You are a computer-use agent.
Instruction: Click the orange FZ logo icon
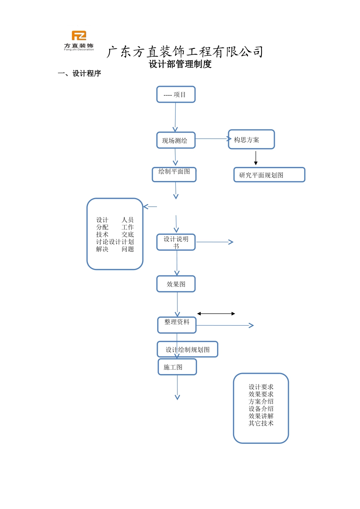pyautogui.click(x=79, y=36)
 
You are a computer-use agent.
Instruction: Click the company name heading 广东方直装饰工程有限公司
pyautogui.click(x=185, y=52)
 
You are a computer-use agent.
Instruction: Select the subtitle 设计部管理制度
pyautogui.click(x=180, y=64)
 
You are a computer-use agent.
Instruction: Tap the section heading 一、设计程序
pyautogui.click(x=79, y=73)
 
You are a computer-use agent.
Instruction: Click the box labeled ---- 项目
pyautogui.click(x=176, y=95)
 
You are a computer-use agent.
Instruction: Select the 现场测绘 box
pyautogui.click(x=176, y=141)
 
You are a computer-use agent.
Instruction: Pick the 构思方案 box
pyautogui.click(x=251, y=140)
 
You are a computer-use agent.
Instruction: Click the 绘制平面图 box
pyautogui.click(x=174, y=174)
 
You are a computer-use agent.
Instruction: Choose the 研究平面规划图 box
pyautogui.click(x=269, y=175)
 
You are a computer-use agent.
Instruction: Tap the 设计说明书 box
pyautogui.click(x=176, y=242)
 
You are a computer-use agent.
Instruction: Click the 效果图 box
pyautogui.click(x=176, y=284)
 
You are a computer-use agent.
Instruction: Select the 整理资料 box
pyautogui.click(x=177, y=325)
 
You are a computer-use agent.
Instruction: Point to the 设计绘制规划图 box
pyautogui.click(x=188, y=350)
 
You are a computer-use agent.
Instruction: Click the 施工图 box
pyautogui.click(x=177, y=367)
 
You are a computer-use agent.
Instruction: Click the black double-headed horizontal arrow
pyautogui.click(x=216, y=314)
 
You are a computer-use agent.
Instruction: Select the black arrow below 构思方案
pyautogui.click(x=256, y=158)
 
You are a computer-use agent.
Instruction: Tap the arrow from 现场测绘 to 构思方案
pyautogui.click(x=212, y=139)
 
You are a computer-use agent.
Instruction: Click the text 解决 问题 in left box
pyautogui.click(x=115, y=249)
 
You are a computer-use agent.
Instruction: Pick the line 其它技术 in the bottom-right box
pyautogui.click(x=261, y=423)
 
